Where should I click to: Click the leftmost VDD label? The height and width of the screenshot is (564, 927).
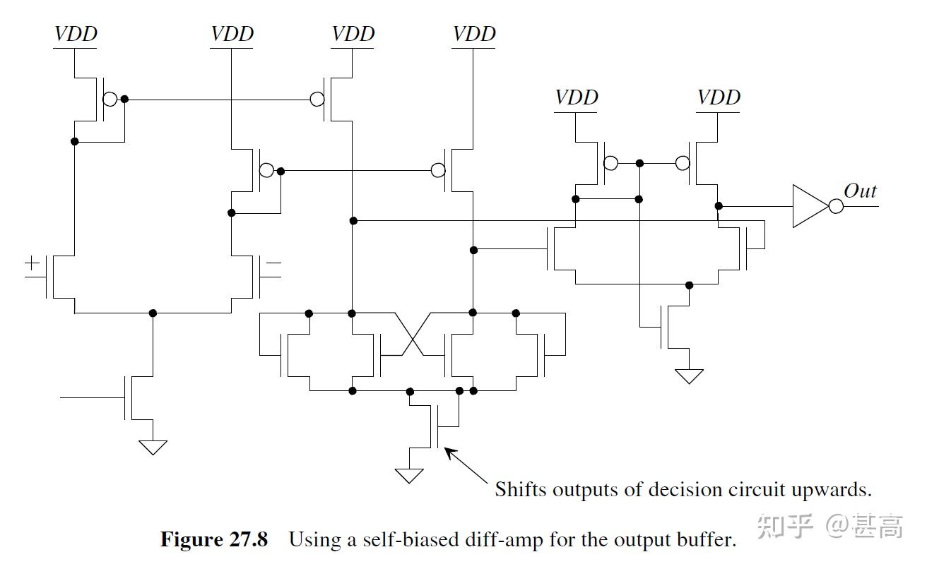click(76, 34)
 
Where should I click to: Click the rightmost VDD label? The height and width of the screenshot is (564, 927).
click(719, 97)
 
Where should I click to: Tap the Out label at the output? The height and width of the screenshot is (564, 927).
click(860, 191)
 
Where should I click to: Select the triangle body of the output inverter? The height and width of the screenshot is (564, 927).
click(808, 206)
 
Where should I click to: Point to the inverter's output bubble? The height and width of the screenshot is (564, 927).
click(836, 206)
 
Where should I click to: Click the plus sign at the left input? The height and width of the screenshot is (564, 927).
click(33, 264)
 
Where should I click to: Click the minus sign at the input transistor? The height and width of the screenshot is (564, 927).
click(273, 264)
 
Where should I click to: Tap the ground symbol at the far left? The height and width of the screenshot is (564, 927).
click(153, 447)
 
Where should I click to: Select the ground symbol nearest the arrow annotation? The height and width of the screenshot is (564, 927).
click(409, 475)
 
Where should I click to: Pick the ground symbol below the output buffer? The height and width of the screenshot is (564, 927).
click(689, 376)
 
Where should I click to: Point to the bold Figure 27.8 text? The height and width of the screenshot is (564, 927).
click(214, 540)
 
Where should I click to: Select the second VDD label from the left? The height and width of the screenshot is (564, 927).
click(232, 34)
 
